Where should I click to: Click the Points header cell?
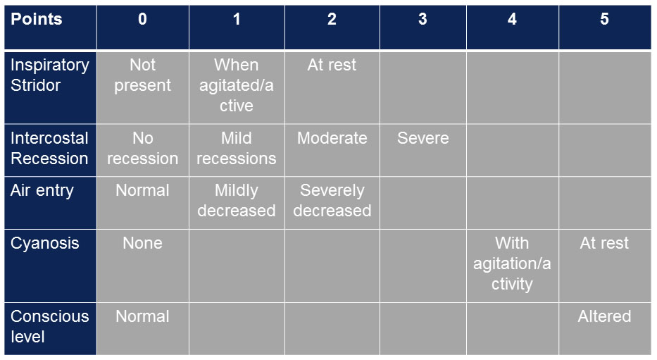tap(50, 27)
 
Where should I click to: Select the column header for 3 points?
tap(423, 27)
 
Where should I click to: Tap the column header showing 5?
tap(605, 27)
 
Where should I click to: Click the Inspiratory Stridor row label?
tap(50, 87)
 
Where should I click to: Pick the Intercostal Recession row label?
tap(50, 150)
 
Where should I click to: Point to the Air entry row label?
tap(50, 203)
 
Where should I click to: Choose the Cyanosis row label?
tap(50, 266)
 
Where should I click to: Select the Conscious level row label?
tap(50, 328)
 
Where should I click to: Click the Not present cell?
tap(143, 87)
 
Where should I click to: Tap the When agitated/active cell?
tap(237, 87)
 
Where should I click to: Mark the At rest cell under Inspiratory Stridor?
tap(332, 87)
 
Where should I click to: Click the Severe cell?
tap(423, 150)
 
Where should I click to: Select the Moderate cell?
tap(332, 150)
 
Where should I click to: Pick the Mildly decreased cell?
tap(237, 203)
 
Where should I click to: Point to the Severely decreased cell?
tap(332, 203)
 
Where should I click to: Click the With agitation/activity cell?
tap(513, 266)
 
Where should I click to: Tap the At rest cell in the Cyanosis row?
tap(605, 266)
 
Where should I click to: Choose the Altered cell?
tap(605, 328)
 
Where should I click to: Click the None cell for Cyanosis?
tap(143, 266)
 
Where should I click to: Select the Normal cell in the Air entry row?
tap(143, 203)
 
